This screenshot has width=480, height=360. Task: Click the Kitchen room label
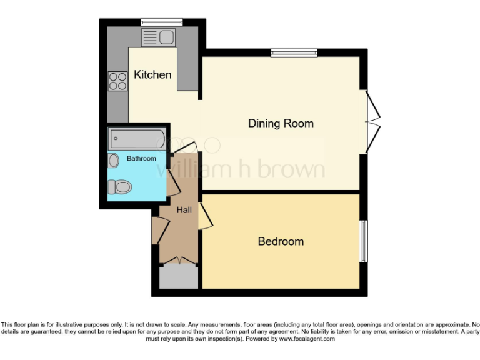point(152,74)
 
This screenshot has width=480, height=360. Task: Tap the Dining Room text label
point(281,123)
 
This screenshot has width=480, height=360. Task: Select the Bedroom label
point(281,241)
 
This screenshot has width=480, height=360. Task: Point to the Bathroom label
point(141,159)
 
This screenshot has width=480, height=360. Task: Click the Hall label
point(184,210)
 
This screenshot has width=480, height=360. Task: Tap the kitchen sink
point(159,37)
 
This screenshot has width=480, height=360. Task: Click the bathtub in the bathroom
point(137,138)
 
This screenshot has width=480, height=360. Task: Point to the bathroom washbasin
point(113,161)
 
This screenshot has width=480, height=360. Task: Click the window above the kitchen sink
point(161,22)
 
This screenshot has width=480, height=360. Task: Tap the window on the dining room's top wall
point(294,53)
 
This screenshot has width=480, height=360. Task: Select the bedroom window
point(362,241)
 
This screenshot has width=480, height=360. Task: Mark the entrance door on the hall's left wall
point(158,231)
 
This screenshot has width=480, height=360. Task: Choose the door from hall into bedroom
point(204,216)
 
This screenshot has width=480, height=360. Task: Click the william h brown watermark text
point(241,169)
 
